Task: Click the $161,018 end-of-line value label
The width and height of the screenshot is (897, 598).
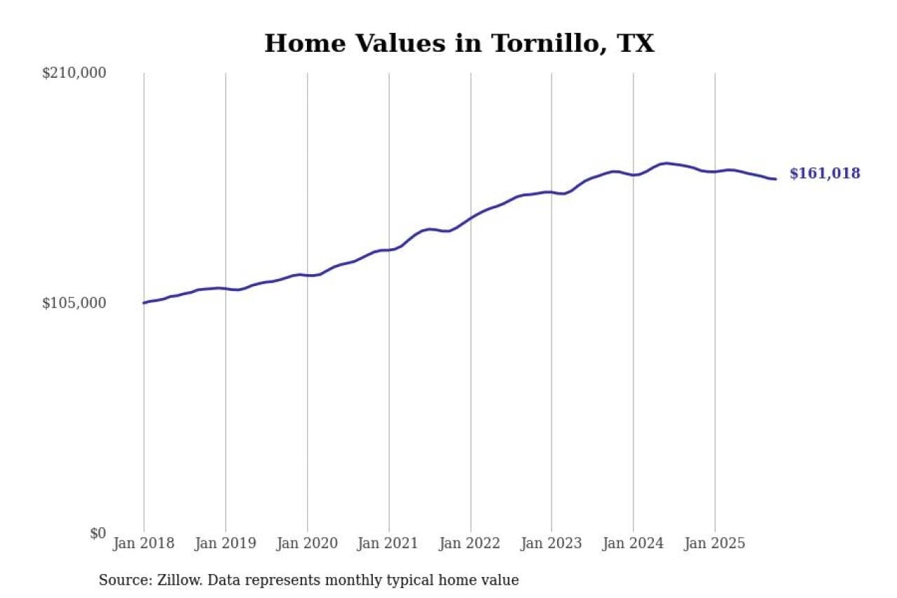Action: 824,174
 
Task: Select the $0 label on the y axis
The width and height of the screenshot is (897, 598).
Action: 97,534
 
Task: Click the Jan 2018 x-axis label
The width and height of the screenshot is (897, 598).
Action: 144,543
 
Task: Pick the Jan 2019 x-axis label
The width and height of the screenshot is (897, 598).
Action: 226,543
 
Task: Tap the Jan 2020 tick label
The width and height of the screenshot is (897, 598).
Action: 307,543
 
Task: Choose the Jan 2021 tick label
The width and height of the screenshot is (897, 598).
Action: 389,543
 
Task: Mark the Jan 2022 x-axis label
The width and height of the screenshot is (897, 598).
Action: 470,543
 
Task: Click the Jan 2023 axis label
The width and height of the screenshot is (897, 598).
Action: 552,543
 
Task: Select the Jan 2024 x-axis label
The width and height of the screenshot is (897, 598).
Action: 634,543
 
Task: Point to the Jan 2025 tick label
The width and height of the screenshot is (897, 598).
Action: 715,543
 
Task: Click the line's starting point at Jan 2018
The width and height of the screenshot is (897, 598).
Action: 144,303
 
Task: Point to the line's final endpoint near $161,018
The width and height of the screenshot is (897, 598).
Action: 775,179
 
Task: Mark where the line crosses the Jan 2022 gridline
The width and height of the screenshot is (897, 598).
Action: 470,218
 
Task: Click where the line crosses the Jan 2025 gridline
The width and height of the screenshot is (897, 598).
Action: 715,171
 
